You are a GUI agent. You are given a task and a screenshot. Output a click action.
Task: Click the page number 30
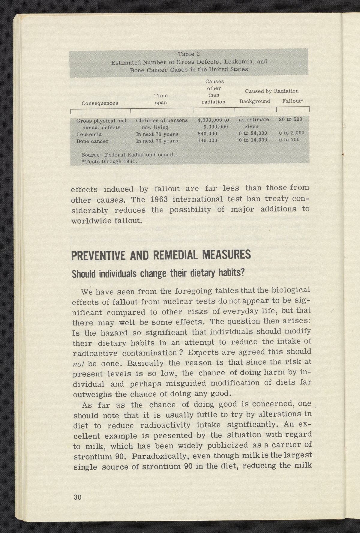click(77, 497)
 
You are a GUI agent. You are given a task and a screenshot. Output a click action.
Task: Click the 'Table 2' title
click(189, 54)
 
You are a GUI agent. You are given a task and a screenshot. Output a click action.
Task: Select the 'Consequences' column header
click(100, 103)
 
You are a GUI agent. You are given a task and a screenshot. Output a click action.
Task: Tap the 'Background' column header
click(254, 101)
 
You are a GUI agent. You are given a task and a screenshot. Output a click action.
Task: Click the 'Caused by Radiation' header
click(271, 91)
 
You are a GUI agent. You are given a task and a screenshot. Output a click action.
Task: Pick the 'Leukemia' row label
click(89, 134)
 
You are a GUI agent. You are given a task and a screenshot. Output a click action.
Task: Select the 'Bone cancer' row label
click(92, 141)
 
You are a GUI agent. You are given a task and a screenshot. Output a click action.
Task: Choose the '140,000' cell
click(207, 140)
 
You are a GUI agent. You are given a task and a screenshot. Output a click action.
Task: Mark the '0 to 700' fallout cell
click(289, 139)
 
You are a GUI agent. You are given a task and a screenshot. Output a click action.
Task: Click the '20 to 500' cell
click(290, 119)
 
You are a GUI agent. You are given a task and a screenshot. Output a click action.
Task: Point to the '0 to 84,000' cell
click(253, 133)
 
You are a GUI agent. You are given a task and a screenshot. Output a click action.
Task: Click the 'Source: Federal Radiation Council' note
click(128, 155)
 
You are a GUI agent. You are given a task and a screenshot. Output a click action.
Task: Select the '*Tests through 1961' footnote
click(109, 161)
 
